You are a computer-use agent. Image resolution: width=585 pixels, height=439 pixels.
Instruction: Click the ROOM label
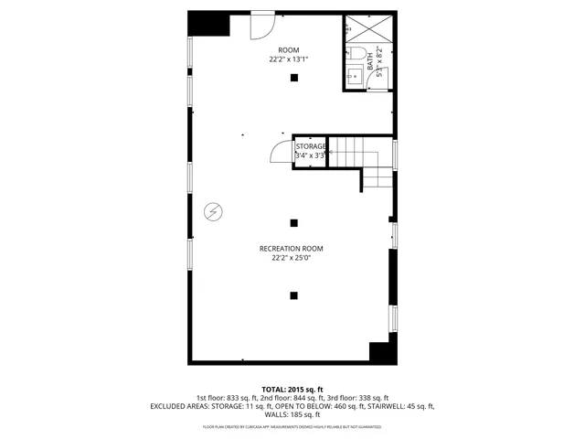[289, 49]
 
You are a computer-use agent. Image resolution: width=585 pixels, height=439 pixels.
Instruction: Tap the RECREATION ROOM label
[291, 249]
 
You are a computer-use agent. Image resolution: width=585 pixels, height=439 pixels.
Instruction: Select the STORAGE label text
[311, 145]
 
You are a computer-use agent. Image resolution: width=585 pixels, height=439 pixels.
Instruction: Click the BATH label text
[370, 59]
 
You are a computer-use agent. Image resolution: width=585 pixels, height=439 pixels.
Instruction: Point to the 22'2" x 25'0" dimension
[291, 258]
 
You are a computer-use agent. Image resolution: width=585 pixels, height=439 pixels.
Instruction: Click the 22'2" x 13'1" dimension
[289, 59]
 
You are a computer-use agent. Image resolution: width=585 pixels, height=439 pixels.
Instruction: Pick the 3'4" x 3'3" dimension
[311, 155]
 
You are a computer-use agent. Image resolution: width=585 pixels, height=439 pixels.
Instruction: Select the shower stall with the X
[380, 29]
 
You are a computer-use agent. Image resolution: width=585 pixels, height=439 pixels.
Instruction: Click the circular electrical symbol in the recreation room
[212, 211]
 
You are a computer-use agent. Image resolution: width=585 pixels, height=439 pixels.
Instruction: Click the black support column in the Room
[293, 79]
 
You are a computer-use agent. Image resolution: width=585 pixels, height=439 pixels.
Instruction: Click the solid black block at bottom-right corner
[380, 350]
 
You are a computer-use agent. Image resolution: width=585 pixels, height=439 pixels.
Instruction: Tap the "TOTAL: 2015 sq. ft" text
[292, 390]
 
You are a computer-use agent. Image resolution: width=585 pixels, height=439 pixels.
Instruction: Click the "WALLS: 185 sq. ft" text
[292, 414]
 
